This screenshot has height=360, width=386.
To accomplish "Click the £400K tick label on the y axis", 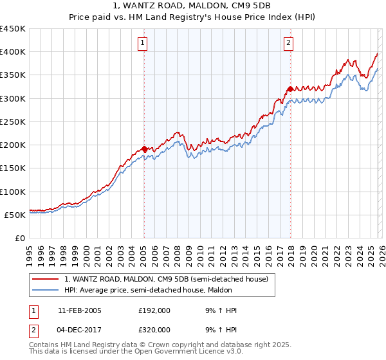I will (13, 52).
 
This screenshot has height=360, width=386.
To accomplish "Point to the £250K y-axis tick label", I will (13, 122).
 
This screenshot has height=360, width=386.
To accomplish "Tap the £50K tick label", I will (15, 215).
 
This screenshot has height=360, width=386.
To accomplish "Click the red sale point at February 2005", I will (144, 148).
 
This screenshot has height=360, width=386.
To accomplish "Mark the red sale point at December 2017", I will (290, 89).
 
